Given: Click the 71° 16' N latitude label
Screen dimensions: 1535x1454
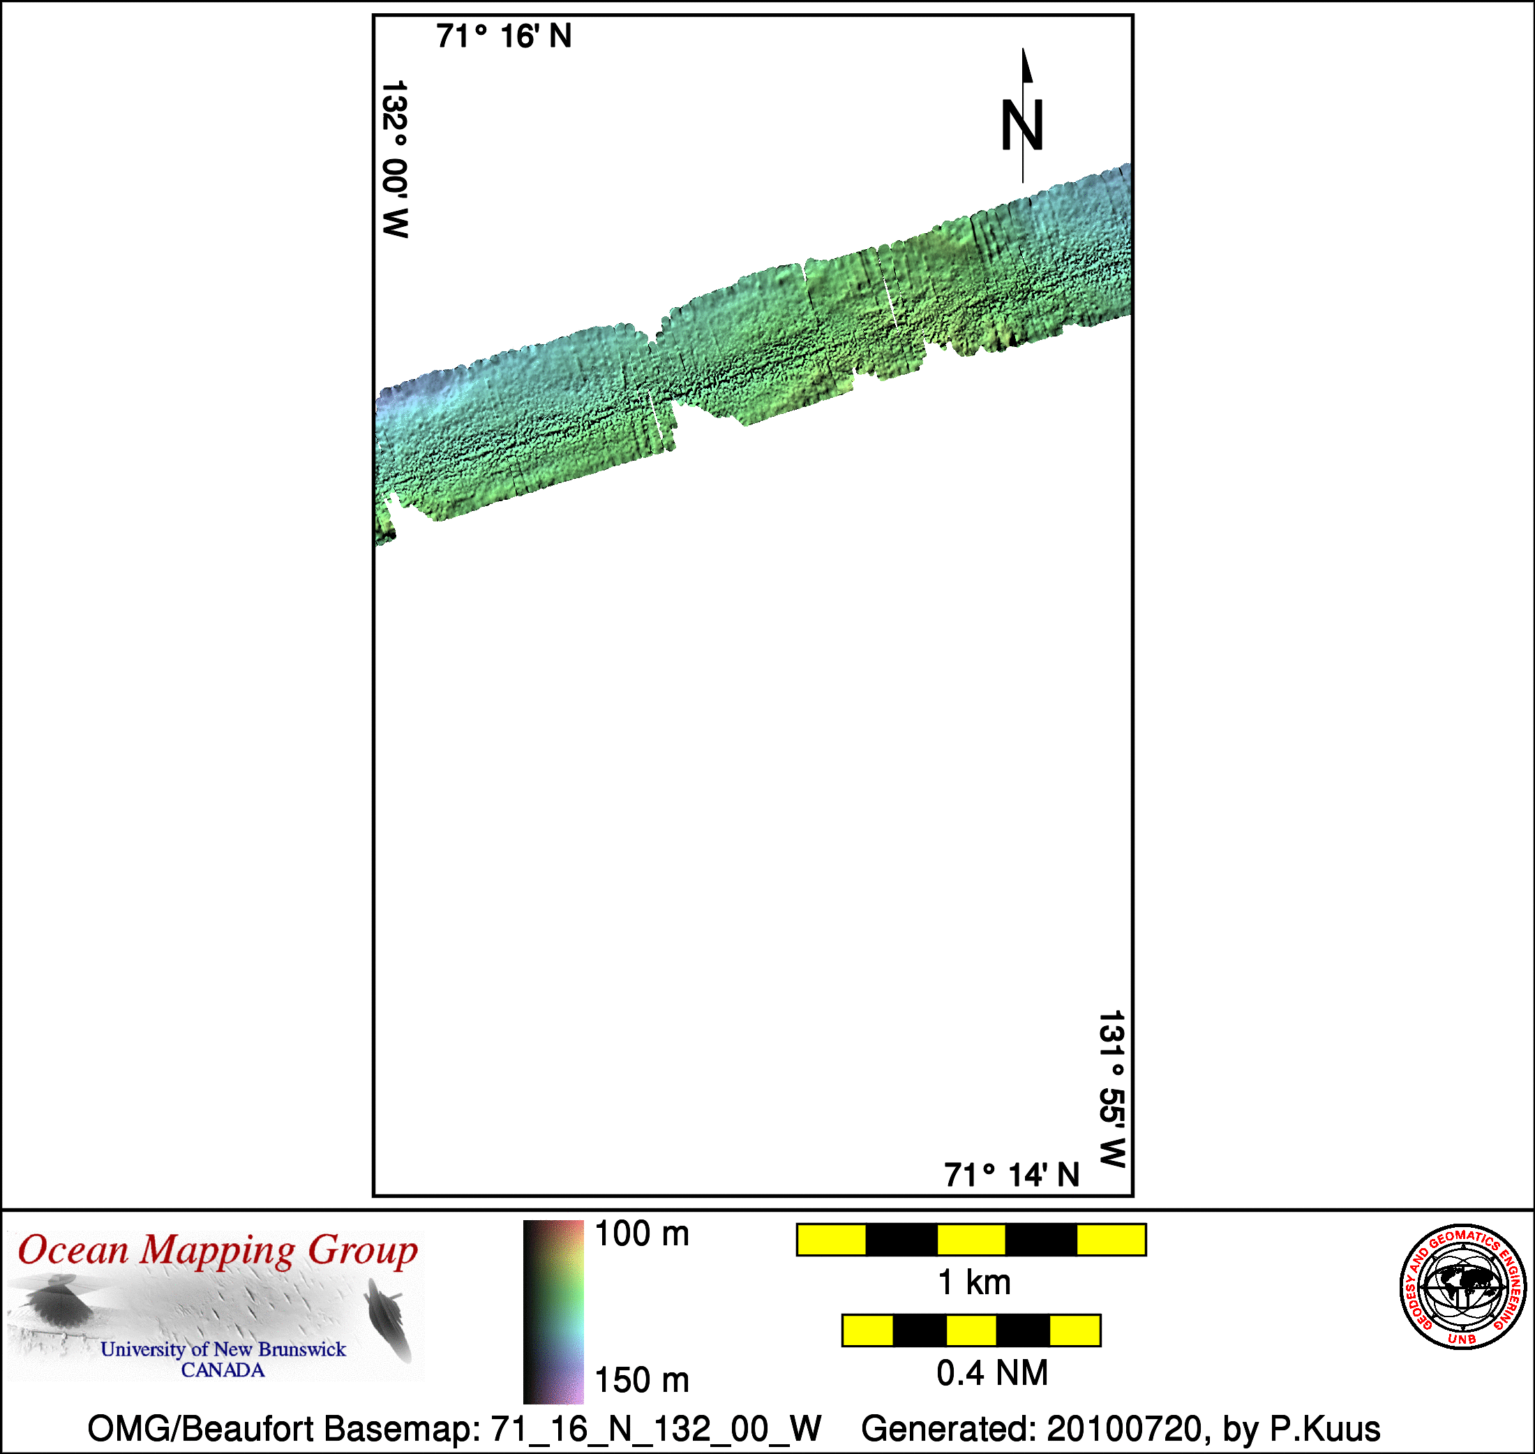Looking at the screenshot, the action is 504,36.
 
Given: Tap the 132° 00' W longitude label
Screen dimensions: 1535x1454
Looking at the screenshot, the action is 394,159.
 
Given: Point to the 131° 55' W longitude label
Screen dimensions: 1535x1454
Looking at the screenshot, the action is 1112,1088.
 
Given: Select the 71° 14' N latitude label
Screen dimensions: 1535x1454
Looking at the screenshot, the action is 1011,1175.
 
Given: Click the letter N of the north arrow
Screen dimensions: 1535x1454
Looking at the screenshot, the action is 1022,125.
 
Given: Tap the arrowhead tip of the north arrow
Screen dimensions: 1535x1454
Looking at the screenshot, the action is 1023,48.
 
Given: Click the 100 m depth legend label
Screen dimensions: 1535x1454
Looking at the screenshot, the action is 642,1234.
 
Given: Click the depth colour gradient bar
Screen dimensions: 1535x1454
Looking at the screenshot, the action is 553,1312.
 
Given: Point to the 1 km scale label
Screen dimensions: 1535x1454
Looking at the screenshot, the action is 974,1283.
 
